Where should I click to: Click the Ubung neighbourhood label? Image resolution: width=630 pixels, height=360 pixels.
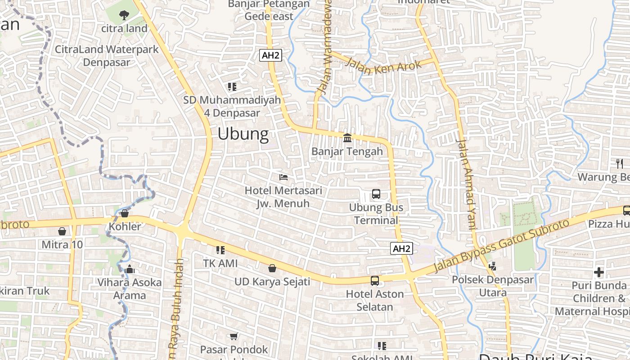[x=243, y=134]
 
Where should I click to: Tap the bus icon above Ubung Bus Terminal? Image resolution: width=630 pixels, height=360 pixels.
[x=376, y=194]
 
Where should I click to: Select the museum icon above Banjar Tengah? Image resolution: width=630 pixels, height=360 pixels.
[x=347, y=138]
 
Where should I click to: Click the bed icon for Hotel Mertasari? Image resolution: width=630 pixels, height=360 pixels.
[x=283, y=177]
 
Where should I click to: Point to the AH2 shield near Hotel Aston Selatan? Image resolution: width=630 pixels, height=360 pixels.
[x=401, y=248]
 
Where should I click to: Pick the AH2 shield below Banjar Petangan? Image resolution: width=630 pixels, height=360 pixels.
[x=271, y=56]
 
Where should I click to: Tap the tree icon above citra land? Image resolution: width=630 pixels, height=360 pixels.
[x=124, y=15]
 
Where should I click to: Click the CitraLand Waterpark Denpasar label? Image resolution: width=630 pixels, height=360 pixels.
[x=107, y=56]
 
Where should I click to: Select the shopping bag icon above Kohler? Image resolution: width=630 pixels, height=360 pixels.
[x=125, y=213]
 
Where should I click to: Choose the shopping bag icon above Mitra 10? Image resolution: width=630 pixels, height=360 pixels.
[x=62, y=231]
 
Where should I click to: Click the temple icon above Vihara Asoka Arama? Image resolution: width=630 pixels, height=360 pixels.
[x=130, y=269]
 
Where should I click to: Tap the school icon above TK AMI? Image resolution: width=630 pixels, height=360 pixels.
[x=220, y=250]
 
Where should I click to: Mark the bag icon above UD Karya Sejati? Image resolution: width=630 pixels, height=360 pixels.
[x=272, y=269]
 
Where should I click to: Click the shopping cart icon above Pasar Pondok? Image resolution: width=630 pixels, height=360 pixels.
[x=234, y=336]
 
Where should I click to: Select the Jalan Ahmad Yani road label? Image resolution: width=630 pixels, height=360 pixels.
[x=466, y=184]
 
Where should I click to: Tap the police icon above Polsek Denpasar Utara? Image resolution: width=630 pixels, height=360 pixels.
[x=492, y=266]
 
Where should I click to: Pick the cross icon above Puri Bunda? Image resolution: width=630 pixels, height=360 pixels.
[x=599, y=272]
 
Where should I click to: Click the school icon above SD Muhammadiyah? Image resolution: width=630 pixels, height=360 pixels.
[x=232, y=86]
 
